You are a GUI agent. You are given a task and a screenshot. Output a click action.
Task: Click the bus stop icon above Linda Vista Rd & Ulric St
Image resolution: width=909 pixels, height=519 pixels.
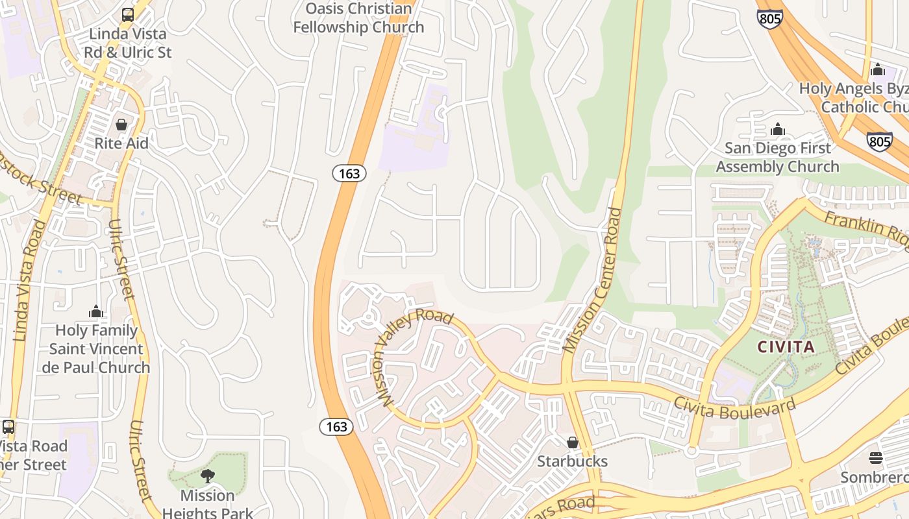click(x=128, y=14)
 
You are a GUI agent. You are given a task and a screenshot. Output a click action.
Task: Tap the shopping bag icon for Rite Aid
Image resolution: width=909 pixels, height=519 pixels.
click(x=121, y=125)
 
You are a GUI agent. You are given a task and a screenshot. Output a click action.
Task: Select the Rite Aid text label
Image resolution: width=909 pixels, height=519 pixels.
click(x=121, y=143)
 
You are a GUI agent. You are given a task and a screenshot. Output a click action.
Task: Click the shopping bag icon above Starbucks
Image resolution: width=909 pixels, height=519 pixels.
click(x=572, y=442)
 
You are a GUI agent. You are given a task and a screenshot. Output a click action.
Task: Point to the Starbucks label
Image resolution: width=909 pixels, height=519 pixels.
click(x=572, y=461)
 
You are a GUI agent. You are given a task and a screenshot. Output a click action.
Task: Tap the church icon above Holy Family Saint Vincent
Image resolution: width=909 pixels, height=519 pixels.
click(x=96, y=312)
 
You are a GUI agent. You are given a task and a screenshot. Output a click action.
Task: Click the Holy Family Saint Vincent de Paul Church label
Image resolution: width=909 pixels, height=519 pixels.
click(x=96, y=349)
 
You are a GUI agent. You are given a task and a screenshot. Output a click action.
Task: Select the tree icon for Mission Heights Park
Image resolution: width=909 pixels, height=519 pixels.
click(x=208, y=477)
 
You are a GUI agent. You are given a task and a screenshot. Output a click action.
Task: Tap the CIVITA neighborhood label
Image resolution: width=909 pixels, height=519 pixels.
click(x=786, y=347)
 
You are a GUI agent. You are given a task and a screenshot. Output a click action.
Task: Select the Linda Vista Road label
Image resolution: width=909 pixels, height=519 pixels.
click(x=29, y=280)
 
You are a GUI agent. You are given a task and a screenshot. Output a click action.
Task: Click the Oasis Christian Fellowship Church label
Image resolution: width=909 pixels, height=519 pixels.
click(x=358, y=18)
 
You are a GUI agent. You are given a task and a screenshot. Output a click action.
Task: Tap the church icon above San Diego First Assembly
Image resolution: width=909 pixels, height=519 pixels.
click(x=778, y=130)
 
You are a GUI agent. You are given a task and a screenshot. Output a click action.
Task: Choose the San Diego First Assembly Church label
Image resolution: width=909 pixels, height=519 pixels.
click(x=778, y=158)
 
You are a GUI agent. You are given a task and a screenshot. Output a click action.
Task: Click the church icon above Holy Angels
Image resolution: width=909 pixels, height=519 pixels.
click(x=878, y=69)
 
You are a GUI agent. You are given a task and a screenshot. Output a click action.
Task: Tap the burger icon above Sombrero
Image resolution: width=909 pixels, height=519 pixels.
click(x=875, y=458)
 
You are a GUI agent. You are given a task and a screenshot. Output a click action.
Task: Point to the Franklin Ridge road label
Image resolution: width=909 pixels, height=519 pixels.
click(x=867, y=228)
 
